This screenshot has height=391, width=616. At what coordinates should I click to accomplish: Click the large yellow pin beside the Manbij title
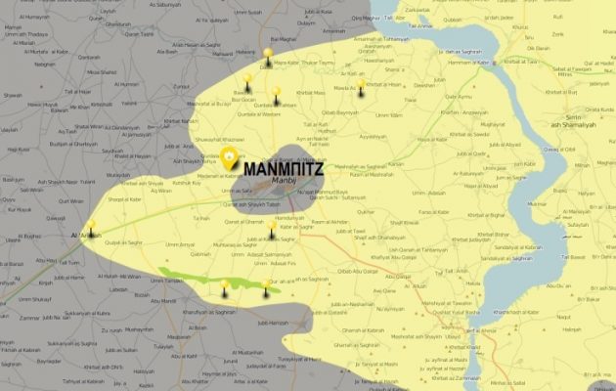click(230, 157)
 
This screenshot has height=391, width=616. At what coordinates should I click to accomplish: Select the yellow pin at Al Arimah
click(91, 225)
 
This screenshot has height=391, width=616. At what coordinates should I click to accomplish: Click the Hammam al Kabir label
click(471, 61)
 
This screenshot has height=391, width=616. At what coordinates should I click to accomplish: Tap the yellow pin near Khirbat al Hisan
click(361, 85)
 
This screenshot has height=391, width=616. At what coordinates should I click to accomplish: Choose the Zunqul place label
click(182, 85)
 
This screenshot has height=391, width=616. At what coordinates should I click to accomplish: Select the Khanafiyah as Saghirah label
click(210, 311)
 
